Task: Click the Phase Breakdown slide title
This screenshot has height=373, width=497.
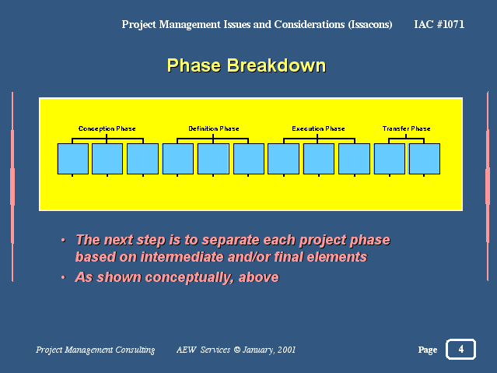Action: coord(247,65)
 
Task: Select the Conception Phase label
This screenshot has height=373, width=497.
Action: coord(107,128)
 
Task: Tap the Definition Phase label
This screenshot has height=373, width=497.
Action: coord(214,128)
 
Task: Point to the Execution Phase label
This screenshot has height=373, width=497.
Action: coord(318,128)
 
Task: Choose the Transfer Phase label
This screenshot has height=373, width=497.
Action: coord(406,128)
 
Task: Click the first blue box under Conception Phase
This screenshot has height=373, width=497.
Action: coord(73,159)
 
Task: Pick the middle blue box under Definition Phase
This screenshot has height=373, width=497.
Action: coord(213,159)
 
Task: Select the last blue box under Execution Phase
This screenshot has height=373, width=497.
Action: coord(354,159)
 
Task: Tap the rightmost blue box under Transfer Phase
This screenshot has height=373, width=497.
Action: coord(425,159)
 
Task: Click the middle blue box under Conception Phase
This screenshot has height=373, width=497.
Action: coord(107,159)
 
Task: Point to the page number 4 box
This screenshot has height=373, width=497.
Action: coord(461,349)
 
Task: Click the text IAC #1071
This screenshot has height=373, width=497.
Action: coord(439,24)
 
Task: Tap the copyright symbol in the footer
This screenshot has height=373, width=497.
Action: coord(236,350)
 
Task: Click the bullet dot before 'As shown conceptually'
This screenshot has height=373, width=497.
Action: coord(63,277)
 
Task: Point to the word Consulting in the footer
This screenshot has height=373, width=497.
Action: coord(135,350)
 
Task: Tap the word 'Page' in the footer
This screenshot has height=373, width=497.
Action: coord(428,350)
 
